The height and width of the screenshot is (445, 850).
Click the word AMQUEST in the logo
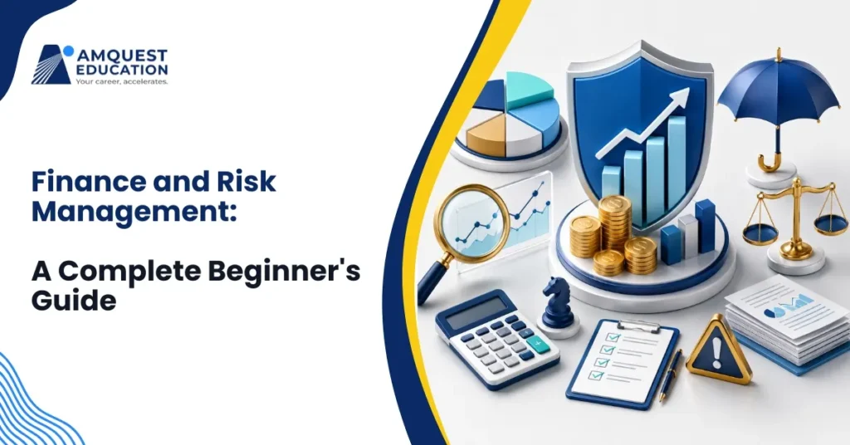point(123,56)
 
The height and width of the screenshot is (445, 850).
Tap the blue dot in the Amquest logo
point(68,51)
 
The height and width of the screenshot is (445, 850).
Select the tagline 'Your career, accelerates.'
point(121,81)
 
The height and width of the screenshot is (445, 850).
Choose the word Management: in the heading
point(134,212)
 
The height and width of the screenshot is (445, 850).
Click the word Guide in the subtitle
point(74,300)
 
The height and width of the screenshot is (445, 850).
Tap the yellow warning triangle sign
point(718,350)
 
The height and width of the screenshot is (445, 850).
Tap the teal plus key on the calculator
point(537,344)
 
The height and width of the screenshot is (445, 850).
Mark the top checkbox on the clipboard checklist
point(612,338)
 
